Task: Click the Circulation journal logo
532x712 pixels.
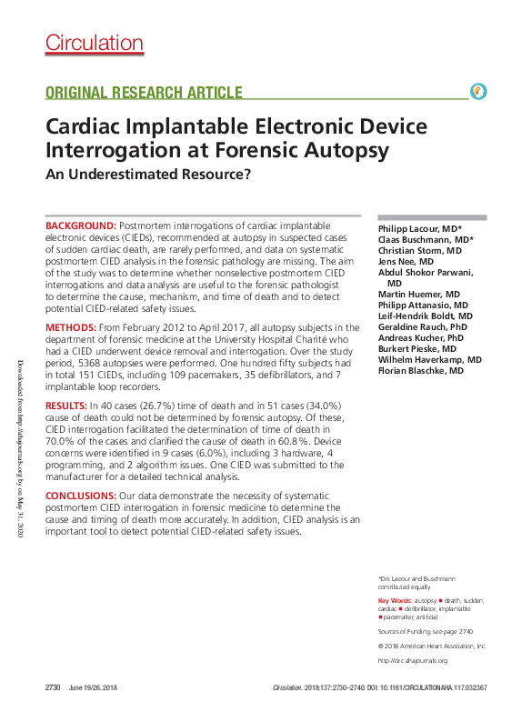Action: [x=95, y=43]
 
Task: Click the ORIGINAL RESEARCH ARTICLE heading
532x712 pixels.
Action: [x=144, y=93]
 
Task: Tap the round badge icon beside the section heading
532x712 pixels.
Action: [x=478, y=91]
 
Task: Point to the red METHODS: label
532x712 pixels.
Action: [x=74, y=327]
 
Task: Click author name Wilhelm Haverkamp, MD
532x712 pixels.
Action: [x=429, y=360]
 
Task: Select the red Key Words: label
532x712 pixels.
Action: [x=395, y=602]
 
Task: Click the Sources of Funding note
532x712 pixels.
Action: [x=425, y=631]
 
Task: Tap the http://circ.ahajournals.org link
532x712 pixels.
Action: [x=413, y=660]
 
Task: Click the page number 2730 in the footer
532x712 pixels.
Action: [x=54, y=688]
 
